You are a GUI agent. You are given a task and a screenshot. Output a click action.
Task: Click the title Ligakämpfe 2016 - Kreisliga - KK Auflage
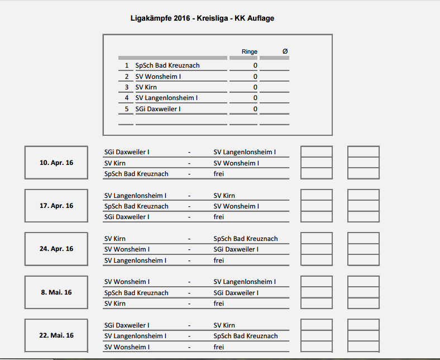click(x=202, y=18)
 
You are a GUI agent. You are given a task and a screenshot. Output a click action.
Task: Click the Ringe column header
click(x=249, y=51)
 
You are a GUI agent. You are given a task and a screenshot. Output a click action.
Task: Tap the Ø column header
click(x=285, y=51)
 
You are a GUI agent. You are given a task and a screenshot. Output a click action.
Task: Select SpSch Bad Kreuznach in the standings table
click(x=168, y=65)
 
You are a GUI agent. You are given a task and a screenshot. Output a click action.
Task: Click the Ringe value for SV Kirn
click(x=255, y=87)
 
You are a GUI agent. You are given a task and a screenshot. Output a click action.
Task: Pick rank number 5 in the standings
click(x=127, y=108)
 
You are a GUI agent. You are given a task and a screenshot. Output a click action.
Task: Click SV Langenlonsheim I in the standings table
click(x=166, y=98)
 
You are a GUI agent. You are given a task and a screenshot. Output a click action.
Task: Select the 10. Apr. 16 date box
click(x=56, y=163)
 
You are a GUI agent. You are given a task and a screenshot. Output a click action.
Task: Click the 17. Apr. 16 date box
click(x=56, y=206)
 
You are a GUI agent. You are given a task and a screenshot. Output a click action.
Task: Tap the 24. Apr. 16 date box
click(x=56, y=249)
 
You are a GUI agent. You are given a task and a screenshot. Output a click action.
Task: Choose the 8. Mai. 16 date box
click(x=56, y=292)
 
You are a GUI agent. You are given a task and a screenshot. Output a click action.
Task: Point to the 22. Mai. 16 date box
click(x=56, y=335)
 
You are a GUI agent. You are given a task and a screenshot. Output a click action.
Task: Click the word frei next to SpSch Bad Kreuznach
click(x=219, y=174)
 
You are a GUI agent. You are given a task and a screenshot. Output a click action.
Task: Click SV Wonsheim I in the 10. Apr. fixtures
click(x=236, y=163)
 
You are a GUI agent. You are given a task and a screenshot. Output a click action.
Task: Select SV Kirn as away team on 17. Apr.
click(x=224, y=196)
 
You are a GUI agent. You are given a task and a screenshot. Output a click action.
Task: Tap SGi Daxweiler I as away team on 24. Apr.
click(x=236, y=249)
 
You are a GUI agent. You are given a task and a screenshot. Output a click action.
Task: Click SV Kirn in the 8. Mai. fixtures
click(x=115, y=304)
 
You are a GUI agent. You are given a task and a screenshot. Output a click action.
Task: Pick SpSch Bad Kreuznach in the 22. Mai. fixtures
click(x=246, y=336)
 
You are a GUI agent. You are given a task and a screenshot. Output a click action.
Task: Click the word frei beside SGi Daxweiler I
click(x=219, y=217)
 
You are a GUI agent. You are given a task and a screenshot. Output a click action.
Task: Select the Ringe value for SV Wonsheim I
click(x=255, y=77)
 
